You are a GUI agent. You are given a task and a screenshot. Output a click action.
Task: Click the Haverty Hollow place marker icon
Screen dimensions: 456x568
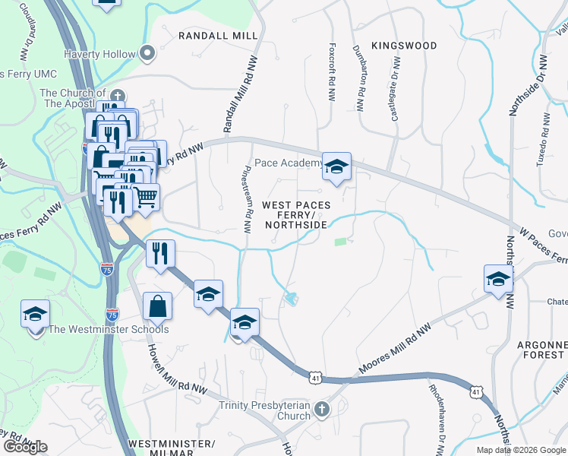(147, 54)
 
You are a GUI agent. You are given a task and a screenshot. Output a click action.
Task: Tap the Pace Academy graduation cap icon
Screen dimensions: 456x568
(336, 165)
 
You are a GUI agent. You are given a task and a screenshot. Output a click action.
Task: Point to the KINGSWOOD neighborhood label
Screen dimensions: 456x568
(405, 46)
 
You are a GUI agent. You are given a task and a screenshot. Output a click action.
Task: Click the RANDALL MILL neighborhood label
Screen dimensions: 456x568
(218, 36)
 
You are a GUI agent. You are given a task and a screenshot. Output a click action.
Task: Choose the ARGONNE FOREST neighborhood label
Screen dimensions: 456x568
(541, 350)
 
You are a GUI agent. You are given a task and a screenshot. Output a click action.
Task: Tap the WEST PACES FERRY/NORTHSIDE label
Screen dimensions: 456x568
(295, 215)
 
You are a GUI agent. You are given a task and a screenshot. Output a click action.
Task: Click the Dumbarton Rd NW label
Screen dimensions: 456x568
(360, 81)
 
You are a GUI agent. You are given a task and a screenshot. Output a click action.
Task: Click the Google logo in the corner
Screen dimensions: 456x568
(24, 447)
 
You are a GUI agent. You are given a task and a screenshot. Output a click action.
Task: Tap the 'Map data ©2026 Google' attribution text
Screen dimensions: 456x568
(521, 450)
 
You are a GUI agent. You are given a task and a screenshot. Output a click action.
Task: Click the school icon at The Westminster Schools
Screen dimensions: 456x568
(35, 315)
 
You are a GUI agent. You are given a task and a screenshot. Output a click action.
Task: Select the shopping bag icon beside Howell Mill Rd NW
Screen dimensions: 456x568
(157, 306)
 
